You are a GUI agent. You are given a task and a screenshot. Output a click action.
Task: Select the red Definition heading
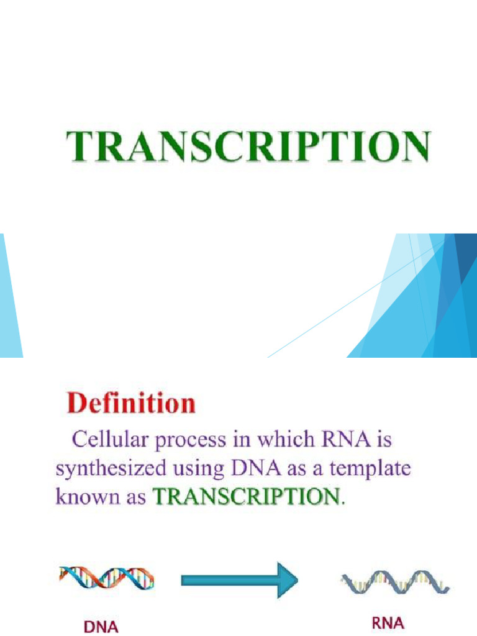[x=131, y=404]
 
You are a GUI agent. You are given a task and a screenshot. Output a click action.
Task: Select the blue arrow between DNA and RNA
[x=239, y=580]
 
